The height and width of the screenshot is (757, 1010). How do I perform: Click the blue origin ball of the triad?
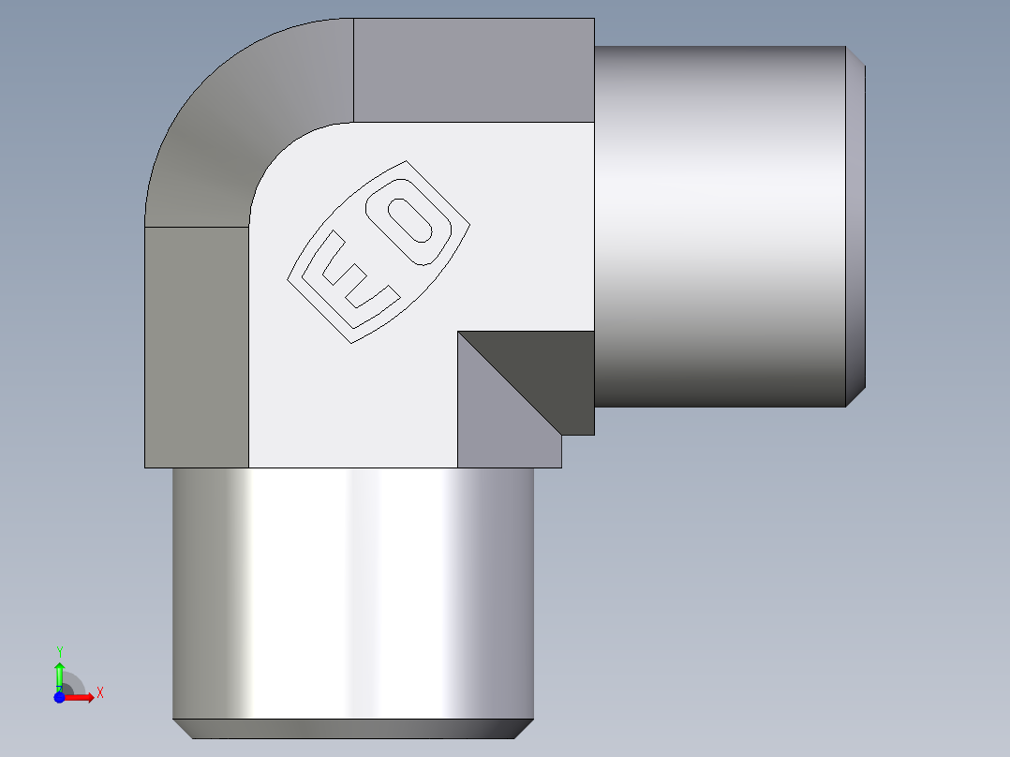[60, 697]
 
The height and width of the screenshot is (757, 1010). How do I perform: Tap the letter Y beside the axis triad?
[59, 651]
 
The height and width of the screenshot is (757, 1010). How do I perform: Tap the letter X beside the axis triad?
[99, 693]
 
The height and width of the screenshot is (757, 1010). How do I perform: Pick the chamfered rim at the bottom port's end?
[353, 728]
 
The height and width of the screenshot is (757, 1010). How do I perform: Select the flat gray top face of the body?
[473, 70]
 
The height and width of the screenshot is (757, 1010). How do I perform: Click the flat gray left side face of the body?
[196, 347]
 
